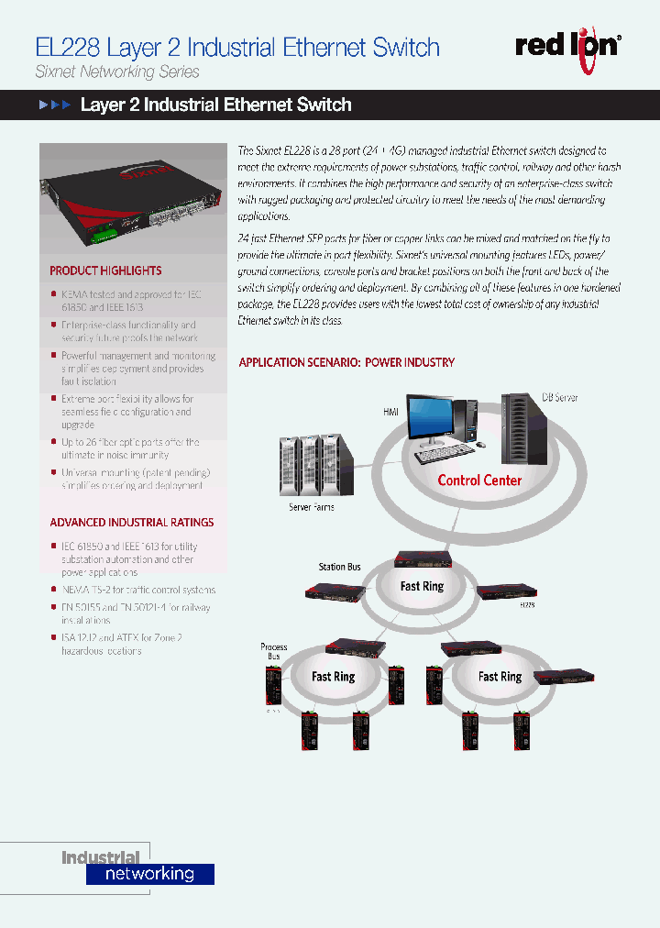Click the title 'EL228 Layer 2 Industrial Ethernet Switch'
pyautogui.click(x=236, y=48)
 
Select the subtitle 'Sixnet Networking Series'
pyautogui.click(x=116, y=72)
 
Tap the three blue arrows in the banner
pyautogui.click(x=54, y=105)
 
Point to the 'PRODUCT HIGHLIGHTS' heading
pyautogui.click(x=105, y=271)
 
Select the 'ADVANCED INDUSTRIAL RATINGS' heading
pyautogui.click(x=131, y=523)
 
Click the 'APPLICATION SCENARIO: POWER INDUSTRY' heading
pyautogui.click(x=346, y=362)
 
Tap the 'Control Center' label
pyautogui.click(x=478, y=480)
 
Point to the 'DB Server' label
pyautogui.click(x=559, y=398)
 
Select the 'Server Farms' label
pyautogui.click(x=312, y=507)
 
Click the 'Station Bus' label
pyautogui.click(x=338, y=567)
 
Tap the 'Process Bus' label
pyautogui.click(x=274, y=652)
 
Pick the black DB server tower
pyautogui.click(x=525, y=430)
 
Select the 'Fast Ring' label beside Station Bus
pyautogui.click(x=421, y=586)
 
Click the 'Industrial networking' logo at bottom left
pyautogui.click(x=137, y=867)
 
